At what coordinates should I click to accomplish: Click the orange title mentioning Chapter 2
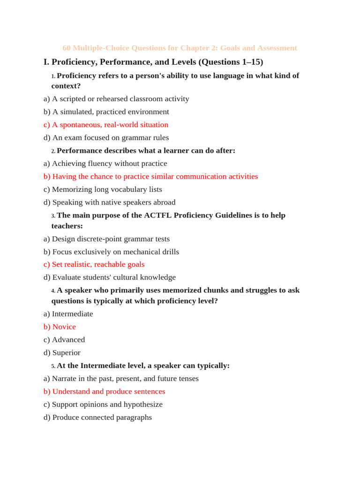tap(180, 48)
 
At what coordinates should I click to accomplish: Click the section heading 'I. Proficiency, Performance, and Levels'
tap(153, 62)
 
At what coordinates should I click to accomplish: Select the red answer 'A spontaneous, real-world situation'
tap(106, 125)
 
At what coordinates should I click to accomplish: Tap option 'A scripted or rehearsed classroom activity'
tap(116, 99)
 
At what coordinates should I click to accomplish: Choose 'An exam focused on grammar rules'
tap(106, 138)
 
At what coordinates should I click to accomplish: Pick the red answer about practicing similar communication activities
tap(151, 176)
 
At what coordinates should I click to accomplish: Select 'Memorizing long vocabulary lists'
tap(103, 189)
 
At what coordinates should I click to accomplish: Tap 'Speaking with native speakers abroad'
tap(110, 202)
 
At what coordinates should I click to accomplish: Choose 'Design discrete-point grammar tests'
tap(107, 239)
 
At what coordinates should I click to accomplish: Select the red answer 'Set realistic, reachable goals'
tap(94, 264)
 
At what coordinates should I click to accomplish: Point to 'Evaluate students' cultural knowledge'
tap(110, 277)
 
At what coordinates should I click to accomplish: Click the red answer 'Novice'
tap(60, 327)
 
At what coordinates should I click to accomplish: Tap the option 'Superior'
tap(62, 352)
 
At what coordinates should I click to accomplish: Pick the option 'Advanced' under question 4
tap(64, 339)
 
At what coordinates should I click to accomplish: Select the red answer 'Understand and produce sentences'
tap(105, 391)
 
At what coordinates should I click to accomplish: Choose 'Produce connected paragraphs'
tap(98, 417)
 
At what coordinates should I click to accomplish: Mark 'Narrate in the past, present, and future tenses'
tap(121, 378)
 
